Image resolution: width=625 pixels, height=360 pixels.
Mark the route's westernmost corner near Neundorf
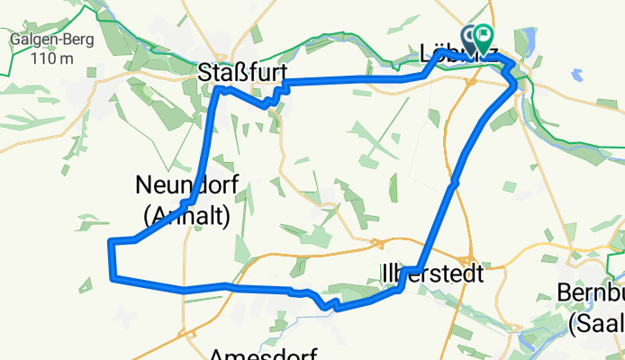[110, 242]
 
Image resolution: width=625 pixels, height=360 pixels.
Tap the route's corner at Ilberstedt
[404, 269]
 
